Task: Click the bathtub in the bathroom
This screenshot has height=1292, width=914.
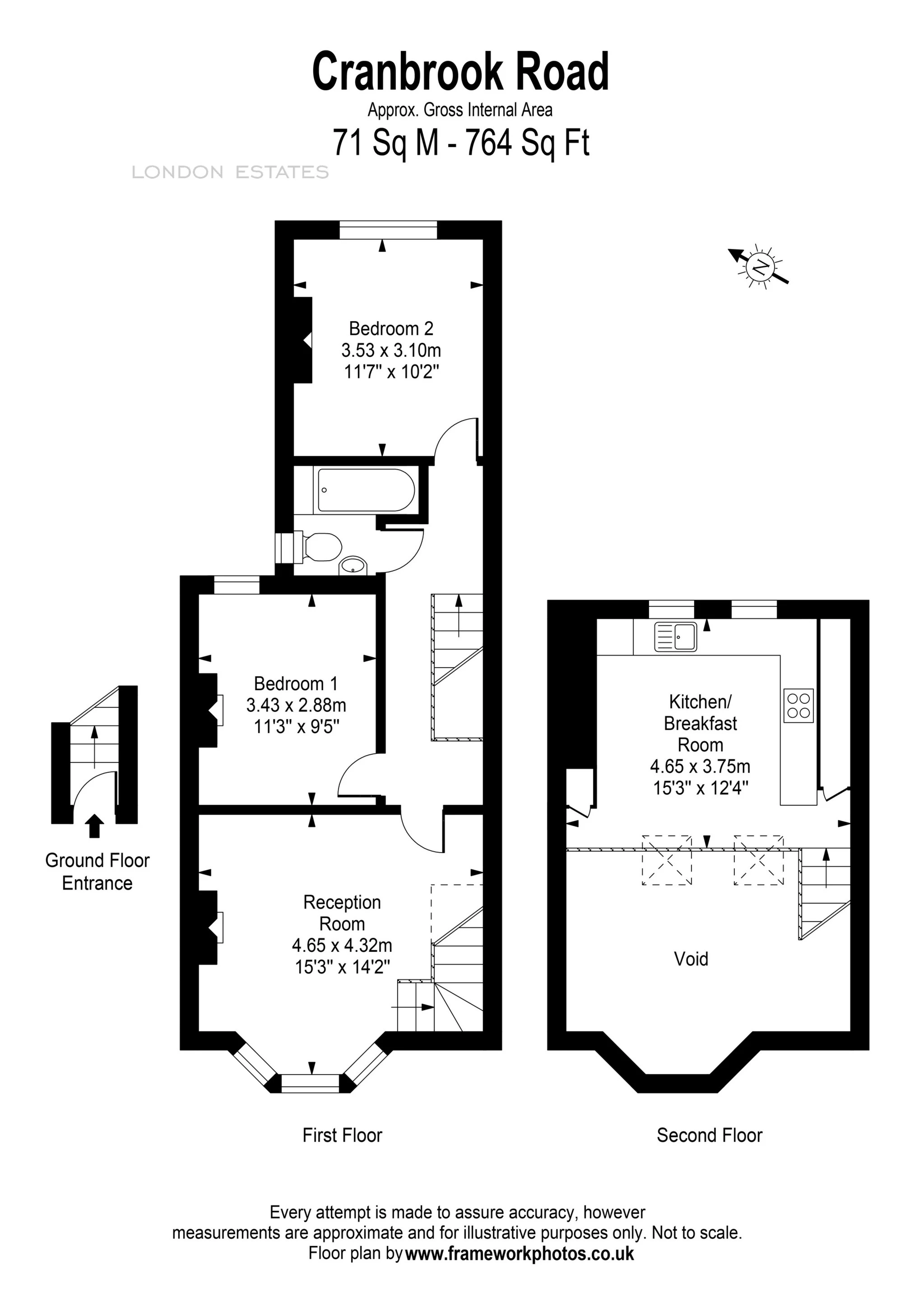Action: (x=366, y=490)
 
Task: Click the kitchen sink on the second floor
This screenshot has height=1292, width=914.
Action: (x=675, y=637)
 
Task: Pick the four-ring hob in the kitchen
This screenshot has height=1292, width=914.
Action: (x=798, y=706)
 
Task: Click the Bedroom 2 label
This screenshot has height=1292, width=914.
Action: (x=391, y=328)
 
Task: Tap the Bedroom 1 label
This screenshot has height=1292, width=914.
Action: (x=296, y=684)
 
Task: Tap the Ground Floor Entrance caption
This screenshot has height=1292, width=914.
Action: (x=97, y=872)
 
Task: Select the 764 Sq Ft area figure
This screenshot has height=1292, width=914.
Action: (x=527, y=143)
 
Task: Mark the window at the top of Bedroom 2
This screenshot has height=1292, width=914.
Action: (x=389, y=230)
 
